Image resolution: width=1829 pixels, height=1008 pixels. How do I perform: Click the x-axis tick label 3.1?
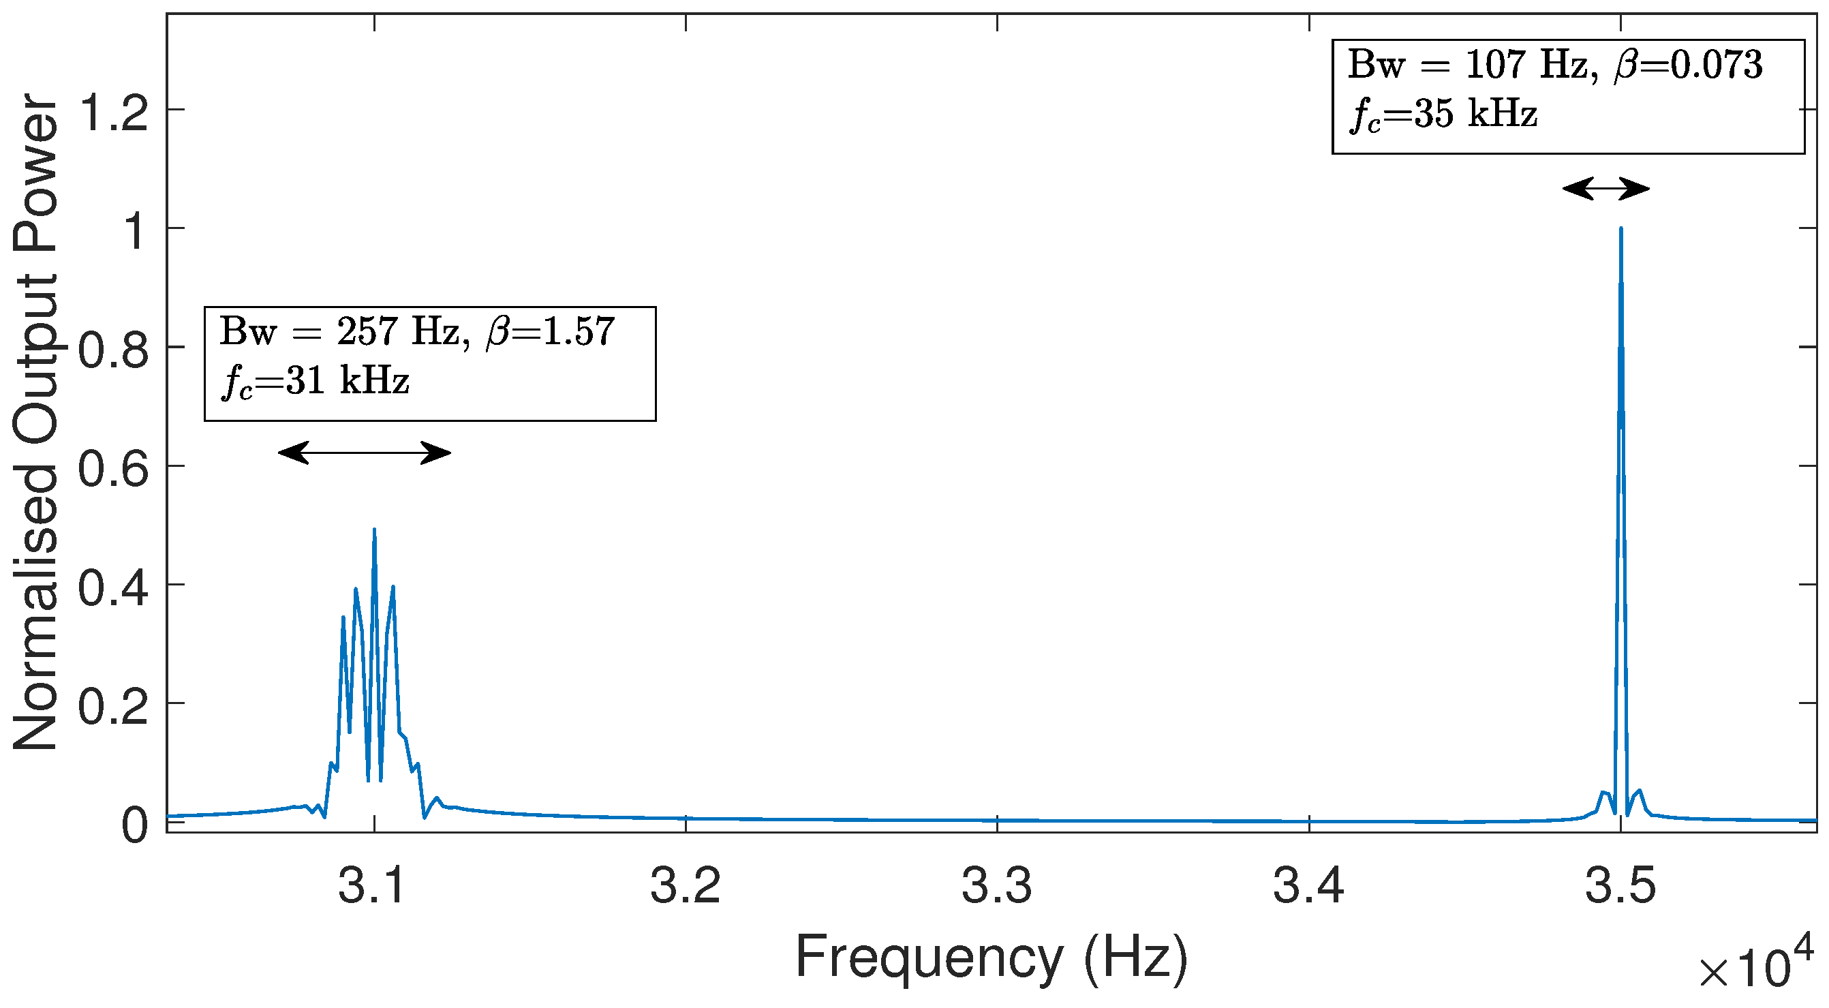coord(373,886)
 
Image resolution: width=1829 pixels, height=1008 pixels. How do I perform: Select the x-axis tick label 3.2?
coord(685,886)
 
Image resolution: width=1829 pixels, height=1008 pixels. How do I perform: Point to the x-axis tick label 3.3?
coord(997,886)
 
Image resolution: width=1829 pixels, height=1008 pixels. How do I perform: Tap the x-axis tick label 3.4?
coord(1308,886)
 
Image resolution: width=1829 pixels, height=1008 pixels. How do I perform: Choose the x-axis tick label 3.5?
coord(1620,886)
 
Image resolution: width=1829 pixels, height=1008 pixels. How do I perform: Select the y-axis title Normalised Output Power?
coord(35,423)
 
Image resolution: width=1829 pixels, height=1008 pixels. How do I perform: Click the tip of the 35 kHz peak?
coord(1620,229)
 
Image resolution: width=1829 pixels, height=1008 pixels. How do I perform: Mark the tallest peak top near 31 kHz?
coord(374,530)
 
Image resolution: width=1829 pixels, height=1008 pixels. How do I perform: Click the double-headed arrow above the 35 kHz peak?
coord(1606,189)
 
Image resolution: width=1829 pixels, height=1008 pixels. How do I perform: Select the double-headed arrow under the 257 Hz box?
coord(365,452)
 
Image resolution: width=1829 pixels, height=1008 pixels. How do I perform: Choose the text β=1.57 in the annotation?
coord(550,332)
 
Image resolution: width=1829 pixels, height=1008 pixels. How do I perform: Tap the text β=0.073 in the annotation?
coord(1689,65)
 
